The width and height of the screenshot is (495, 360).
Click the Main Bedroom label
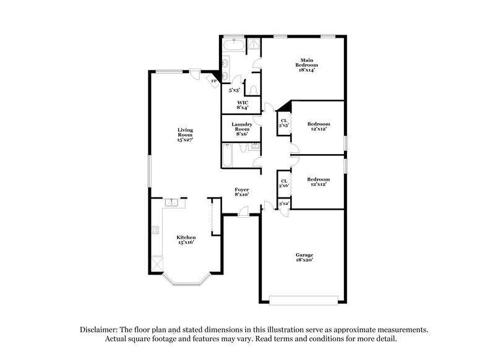[x=306, y=65]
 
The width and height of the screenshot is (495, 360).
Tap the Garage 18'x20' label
[x=304, y=258]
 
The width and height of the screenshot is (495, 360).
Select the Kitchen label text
[x=186, y=239]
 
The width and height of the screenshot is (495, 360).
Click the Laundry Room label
[x=242, y=129]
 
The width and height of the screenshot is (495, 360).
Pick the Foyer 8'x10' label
[x=241, y=192]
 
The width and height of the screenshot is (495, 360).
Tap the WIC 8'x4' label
[x=243, y=105]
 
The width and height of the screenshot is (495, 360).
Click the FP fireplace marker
[x=214, y=81]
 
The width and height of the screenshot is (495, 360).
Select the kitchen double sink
[x=171, y=202]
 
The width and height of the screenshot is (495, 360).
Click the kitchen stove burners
[x=154, y=232]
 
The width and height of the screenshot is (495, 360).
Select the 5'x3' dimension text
[x=235, y=90]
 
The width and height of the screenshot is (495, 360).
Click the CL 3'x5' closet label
[x=284, y=123]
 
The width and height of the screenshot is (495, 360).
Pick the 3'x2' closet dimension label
[x=284, y=204]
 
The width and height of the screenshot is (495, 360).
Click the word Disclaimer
[x=99, y=330]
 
